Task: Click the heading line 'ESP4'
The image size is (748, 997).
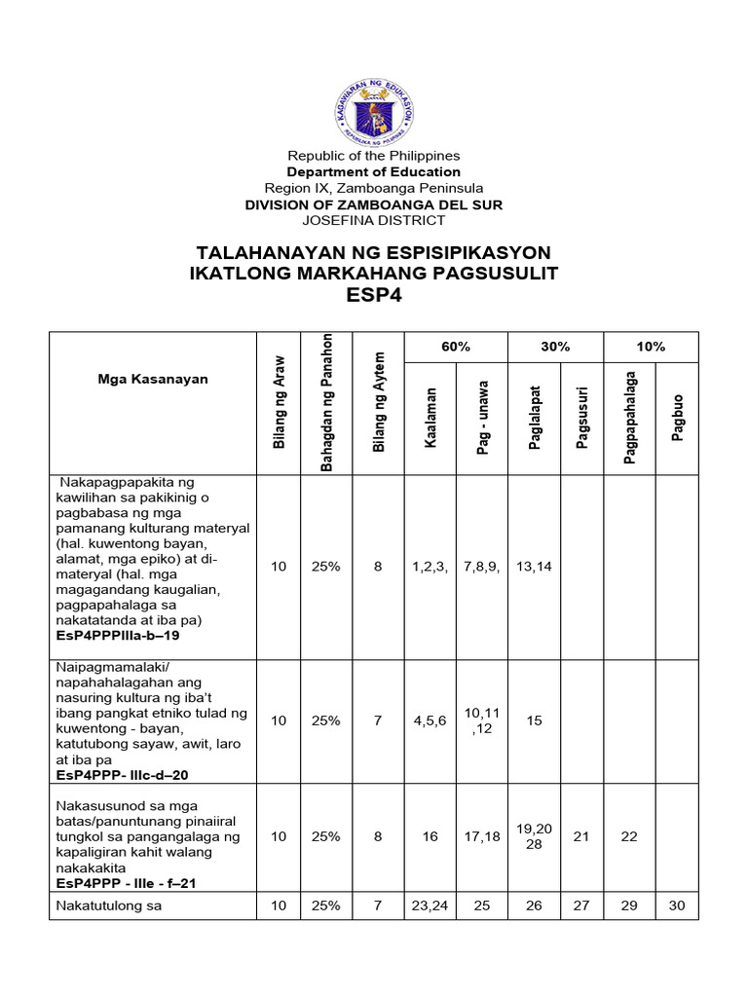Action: pos(374,295)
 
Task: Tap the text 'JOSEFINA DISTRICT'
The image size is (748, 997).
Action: pos(374,220)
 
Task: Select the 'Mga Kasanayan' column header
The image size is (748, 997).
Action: pos(153,379)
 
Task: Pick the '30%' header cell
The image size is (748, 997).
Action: pos(555,347)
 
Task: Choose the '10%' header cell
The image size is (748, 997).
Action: pos(651,347)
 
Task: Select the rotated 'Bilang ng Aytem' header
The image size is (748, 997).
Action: pos(379,401)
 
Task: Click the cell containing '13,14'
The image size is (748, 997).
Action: pos(534,566)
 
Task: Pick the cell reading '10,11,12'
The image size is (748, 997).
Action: pos(483,720)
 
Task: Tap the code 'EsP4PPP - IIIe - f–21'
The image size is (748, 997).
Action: pos(123,883)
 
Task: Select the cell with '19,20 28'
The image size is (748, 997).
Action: pos(534,835)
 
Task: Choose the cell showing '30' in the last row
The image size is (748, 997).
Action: pos(678,905)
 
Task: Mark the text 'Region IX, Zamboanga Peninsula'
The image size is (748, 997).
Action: pos(374,188)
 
